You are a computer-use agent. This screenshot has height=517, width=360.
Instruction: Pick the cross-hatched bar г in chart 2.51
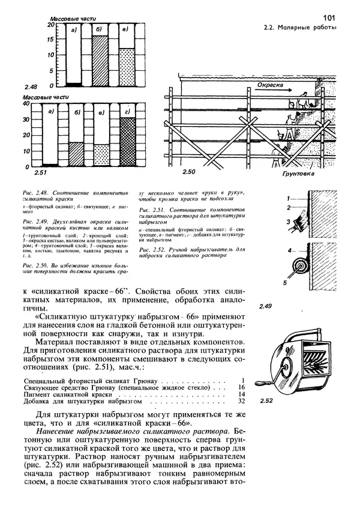click(x=127, y=142)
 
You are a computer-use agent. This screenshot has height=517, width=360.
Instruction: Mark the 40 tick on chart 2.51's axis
click(x=25, y=104)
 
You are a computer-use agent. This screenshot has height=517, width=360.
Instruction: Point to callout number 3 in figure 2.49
click(x=288, y=222)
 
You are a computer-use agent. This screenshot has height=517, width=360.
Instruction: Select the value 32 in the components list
click(x=242, y=401)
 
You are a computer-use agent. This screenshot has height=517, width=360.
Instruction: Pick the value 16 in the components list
click(x=242, y=387)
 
